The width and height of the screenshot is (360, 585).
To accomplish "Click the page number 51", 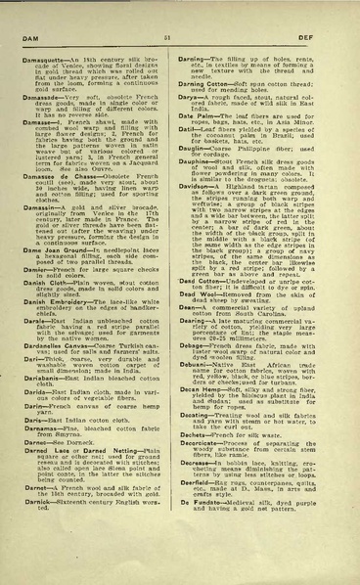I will click(180, 37).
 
